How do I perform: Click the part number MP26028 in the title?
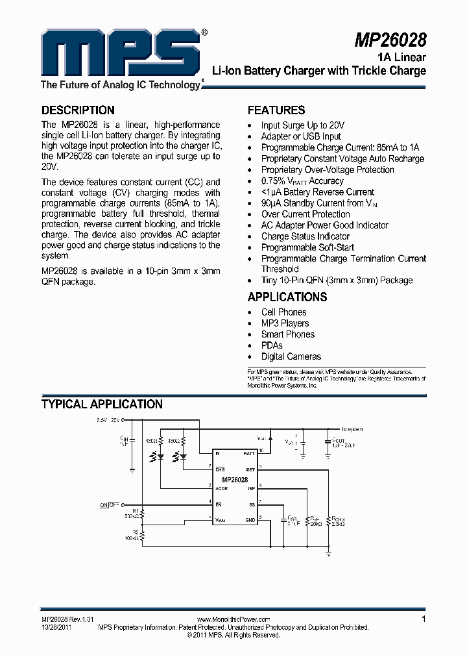pyautogui.click(x=390, y=40)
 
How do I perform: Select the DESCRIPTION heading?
pyautogui.click(x=78, y=110)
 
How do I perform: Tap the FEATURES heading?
pyautogui.click(x=276, y=110)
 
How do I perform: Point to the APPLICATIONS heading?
pyautogui.click(x=287, y=297)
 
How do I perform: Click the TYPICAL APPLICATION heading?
pyautogui.click(x=102, y=404)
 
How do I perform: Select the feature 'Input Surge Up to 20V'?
pyautogui.click(x=302, y=125)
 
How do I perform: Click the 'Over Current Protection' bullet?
pyautogui.click(x=305, y=214)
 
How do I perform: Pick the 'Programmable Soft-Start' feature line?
pyautogui.click(x=307, y=247)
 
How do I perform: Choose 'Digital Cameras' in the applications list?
pyautogui.click(x=291, y=356)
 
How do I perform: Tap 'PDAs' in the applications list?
pyautogui.click(x=272, y=345)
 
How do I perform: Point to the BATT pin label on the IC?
pyautogui.click(x=249, y=452)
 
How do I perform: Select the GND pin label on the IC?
pyautogui.click(x=250, y=520)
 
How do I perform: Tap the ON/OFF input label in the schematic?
pyautogui.click(x=110, y=504)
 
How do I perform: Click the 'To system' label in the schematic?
pyautogui.click(x=352, y=429)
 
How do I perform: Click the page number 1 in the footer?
pyautogui.click(x=424, y=619)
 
